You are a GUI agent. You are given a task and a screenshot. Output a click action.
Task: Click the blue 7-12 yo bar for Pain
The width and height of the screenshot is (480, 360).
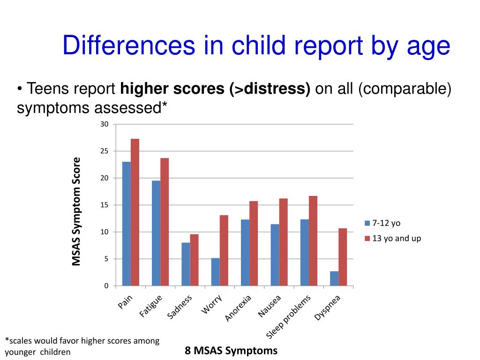[126, 224]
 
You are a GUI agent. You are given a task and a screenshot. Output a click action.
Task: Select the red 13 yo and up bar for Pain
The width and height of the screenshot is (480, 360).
[135, 212]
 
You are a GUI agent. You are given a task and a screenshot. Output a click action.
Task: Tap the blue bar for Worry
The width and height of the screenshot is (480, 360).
[215, 272]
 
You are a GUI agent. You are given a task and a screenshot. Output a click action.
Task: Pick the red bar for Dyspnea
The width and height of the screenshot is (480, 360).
[343, 257]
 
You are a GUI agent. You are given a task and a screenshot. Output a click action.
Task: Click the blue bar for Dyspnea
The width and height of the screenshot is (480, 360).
[334, 278]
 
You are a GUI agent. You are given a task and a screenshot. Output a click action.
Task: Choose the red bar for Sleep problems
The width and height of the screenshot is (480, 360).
[313, 240]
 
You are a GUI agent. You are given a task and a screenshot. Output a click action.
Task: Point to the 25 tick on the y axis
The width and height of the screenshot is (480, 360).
[105, 151]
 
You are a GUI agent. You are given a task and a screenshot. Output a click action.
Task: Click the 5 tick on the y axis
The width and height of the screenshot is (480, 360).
[106, 259]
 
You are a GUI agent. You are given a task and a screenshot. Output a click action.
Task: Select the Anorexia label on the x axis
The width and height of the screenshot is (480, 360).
[239, 308]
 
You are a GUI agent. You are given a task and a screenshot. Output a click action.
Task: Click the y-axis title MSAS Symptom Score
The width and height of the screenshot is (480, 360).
[76, 211]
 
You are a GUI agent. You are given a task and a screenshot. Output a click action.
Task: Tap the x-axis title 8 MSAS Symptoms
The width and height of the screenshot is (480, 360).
[231, 351]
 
